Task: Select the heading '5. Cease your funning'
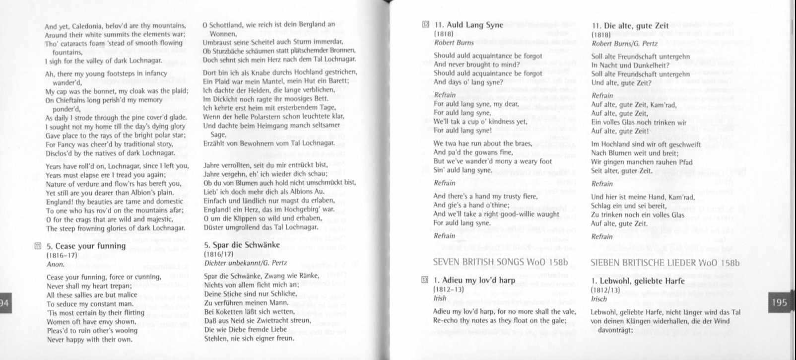[86, 246]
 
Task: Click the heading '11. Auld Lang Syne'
[468, 24]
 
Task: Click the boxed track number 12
[425, 24]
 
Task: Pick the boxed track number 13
[425, 280]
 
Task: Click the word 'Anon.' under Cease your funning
[55, 265]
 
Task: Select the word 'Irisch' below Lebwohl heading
[599, 299]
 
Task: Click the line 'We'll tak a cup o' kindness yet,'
[480, 122]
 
